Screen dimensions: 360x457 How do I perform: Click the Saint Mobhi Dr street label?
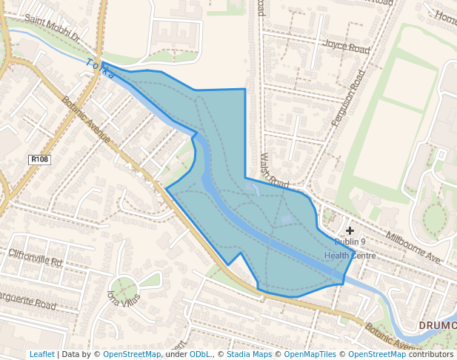[52, 28]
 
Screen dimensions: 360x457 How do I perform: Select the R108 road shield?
[39, 159]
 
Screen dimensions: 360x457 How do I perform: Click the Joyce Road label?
[345, 46]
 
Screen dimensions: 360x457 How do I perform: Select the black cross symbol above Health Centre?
[350, 231]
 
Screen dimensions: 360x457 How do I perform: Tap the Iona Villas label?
[122, 299]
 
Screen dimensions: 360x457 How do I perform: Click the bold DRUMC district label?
[437, 325]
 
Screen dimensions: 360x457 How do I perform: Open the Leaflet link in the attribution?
[41, 354]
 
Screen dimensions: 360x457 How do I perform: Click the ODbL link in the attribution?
[200, 354]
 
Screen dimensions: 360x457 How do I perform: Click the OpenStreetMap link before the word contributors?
[377, 354]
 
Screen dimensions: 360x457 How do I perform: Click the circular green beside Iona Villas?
[124, 287]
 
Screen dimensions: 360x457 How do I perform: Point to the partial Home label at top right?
[446, 16]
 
